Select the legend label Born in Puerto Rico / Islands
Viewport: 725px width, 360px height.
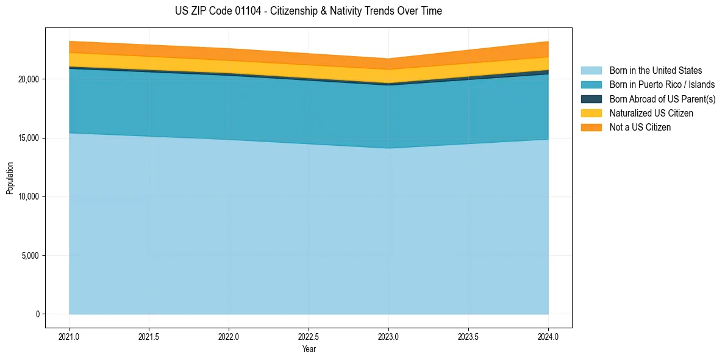coord(662,85)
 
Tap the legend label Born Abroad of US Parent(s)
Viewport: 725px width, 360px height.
coord(662,99)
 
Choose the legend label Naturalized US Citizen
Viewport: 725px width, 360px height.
coord(651,113)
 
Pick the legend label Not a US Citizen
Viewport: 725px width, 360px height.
coord(640,128)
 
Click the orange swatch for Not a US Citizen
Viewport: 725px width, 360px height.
coord(591,128)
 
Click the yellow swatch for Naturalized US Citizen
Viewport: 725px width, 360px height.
coord(591,113)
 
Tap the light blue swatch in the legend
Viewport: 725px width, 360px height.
coord(591,71)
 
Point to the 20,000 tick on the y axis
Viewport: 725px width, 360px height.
coord(27,79)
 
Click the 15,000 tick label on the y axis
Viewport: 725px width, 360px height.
coord(27,138)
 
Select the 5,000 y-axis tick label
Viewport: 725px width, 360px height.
coord(29,256)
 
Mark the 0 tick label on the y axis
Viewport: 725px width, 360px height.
coord(37,314)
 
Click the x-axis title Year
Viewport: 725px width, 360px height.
coord(309,350)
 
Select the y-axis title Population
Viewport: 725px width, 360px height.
coord(10,178)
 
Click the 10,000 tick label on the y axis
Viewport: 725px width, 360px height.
coord(27,197)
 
